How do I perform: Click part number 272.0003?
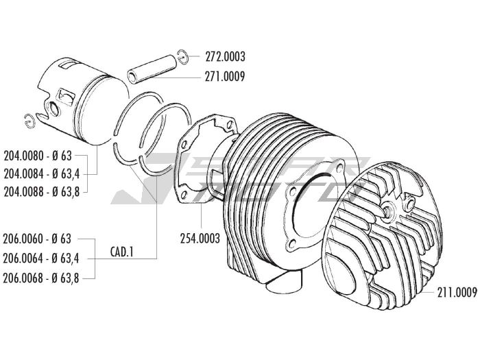pyautogui.click(x=225, y=57)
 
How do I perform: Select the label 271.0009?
pyautogui.click(x=225, y=76)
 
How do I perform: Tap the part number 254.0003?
pyautogui.click(x=200, y=238)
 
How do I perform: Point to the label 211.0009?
pyautogui.click(x=457, y=293)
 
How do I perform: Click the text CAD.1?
pyautogui.click(x=122, y=252)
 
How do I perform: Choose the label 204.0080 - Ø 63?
pyautogui.click(x=38, y=156)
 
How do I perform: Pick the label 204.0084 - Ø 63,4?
pyautogui.click(x=42, y=174)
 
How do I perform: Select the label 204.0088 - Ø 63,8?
pyautogui.click(x=42, y=192)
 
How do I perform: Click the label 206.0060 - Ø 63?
pyautogui.click(x=37, y=239)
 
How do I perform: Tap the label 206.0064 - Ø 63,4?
pyautogui.click(x=41, y=259)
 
